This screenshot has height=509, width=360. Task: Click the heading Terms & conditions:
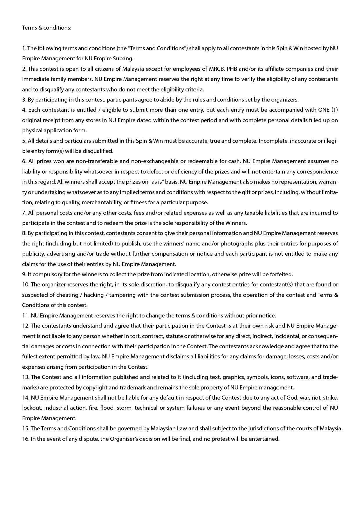(46, 28)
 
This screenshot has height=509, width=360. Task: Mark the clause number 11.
(26, 315)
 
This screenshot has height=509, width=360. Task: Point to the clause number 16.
(26, 439)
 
